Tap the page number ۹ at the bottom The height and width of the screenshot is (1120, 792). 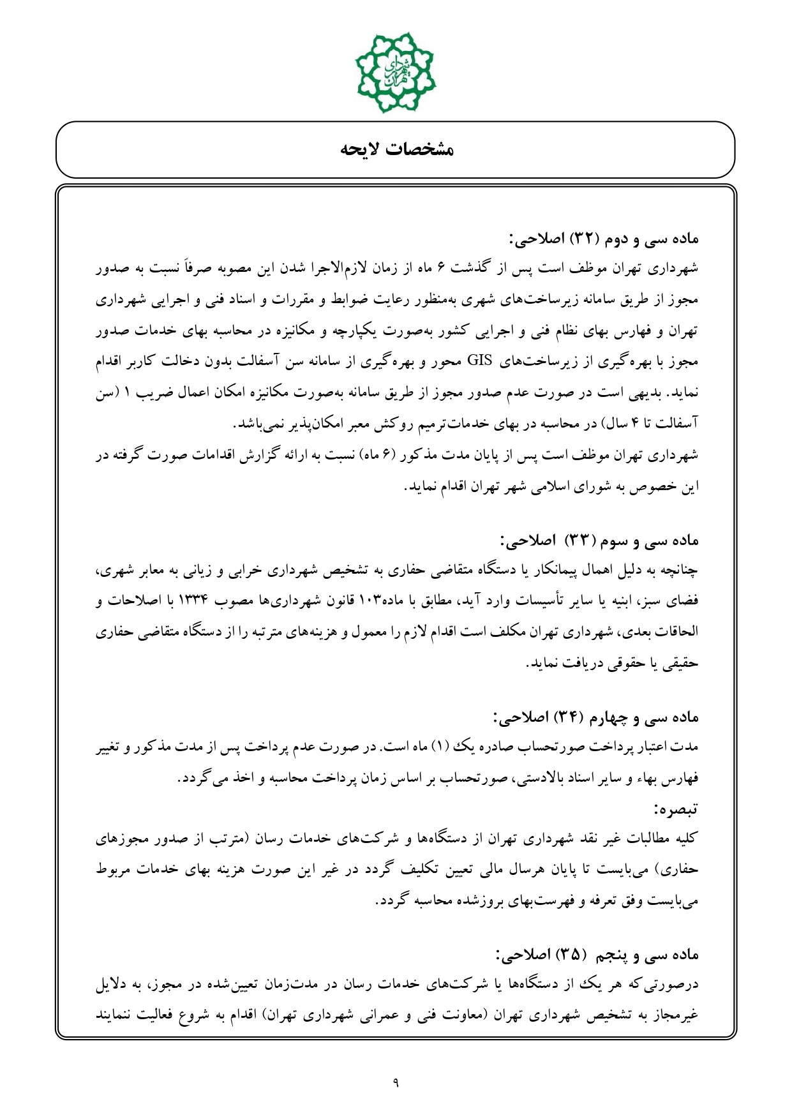[396, 1082]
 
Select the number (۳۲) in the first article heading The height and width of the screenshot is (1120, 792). [581, 239]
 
